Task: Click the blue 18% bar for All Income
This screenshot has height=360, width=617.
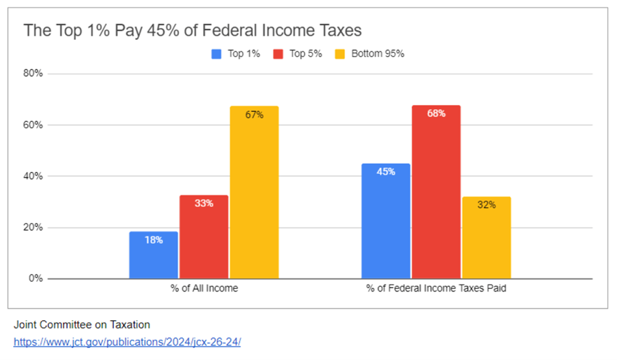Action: pos(154,255)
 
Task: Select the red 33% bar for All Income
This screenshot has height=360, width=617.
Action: pos(204,237)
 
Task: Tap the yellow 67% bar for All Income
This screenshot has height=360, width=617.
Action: pos(254,193)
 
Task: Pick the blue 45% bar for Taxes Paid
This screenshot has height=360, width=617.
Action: pos(386,221)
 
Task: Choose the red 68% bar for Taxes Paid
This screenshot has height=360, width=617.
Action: pos(436,192)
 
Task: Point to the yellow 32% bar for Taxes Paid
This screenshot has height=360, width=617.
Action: pos(487,238)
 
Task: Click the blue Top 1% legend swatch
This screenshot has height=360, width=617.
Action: pos(217,53)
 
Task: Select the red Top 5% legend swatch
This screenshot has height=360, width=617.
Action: pos(278,53)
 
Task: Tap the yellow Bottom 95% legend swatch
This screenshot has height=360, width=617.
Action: pos(340,53)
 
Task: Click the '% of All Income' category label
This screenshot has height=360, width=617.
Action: pos(204,289)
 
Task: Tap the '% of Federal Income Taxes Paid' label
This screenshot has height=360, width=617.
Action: pos(437,289)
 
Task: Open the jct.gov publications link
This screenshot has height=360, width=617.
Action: pos(127,341)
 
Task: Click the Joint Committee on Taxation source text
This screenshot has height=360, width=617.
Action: pos(82,324)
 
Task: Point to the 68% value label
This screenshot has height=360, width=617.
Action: pos(436,113)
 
